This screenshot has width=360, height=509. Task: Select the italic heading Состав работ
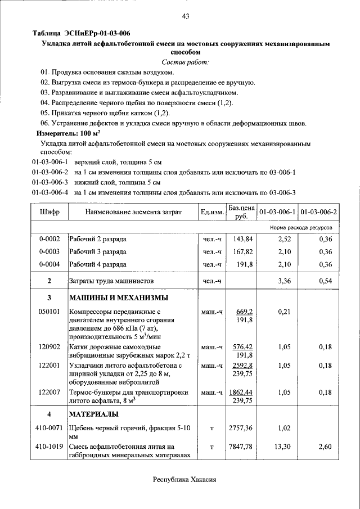point(185,62)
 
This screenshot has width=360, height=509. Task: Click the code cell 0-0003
point(49,251)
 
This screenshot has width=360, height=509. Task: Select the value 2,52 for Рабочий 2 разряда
point(283,239)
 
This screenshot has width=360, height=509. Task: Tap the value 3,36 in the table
point(283,280)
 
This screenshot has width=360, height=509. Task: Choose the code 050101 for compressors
point(49,311)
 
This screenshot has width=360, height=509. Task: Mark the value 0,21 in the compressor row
point(283,311)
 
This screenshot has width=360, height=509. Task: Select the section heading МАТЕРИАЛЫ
point(93,415)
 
